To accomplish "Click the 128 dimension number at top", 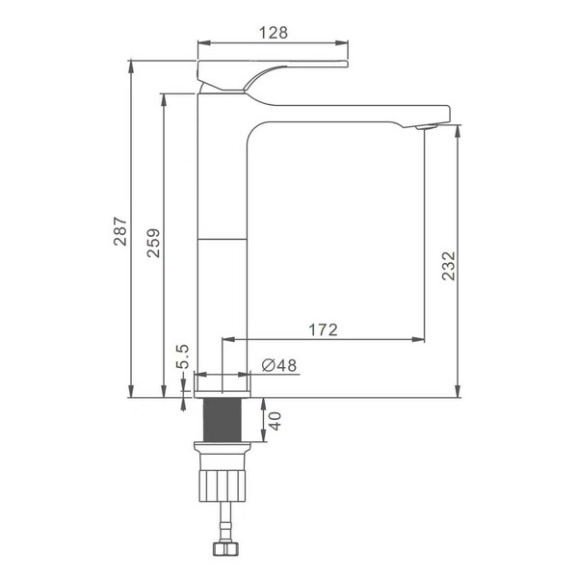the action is tap(274, 33).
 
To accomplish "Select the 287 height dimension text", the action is tap(120, 231).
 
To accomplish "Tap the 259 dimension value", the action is tap(154, 243).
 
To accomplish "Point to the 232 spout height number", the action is tap(449, 266).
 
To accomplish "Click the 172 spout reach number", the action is tap(323, 329).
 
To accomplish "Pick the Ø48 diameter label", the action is tap(279, 365).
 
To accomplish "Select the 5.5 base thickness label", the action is tap(182, 356).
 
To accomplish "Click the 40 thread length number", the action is tap(276, 421).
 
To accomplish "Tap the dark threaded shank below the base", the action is tap(223, 420).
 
